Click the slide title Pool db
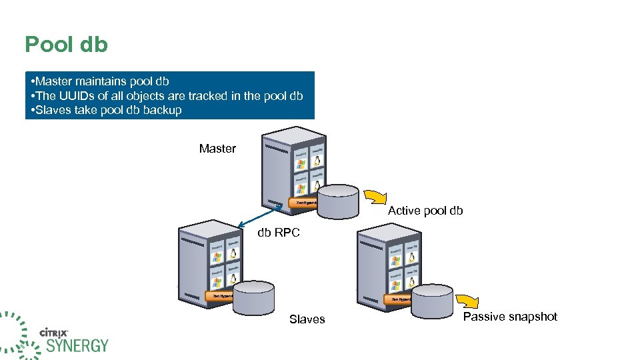click(66, 45)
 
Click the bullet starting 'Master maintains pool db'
click(100, 81)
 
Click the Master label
click(217, 149)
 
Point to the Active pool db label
click(425, 211)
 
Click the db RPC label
click(279, 233)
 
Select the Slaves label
click(307, 319)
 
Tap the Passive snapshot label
click(510, 317)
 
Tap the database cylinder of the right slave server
click(432, 301)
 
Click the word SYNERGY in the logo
click(77, 345)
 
